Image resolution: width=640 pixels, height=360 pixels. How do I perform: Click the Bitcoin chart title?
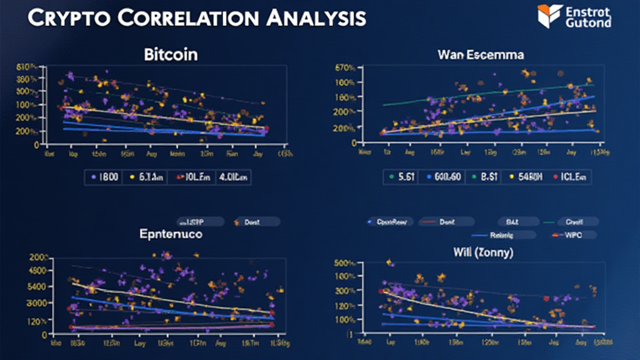pyautogui.click(x=171, y=54)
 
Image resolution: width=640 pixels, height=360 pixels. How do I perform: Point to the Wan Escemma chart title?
pyautogui.click(x=480, y=54)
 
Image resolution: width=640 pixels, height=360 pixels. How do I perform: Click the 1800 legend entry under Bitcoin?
pyautogui.click(x=106, y=177)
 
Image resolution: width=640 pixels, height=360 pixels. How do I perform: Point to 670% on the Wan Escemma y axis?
pyautogui.click(x=345, y=67)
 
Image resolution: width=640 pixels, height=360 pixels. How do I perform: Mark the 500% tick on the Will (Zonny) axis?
pyautogui.click(x=345, y=262)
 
